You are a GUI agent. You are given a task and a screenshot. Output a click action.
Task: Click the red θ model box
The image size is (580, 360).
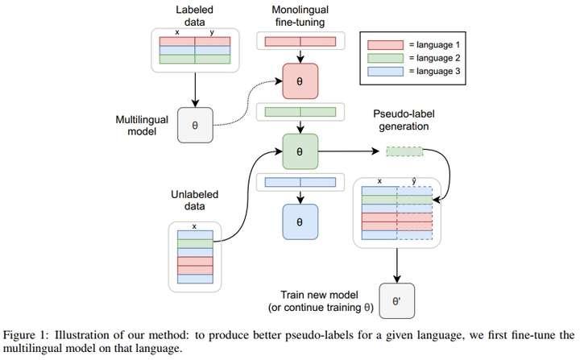(x=300, y=81)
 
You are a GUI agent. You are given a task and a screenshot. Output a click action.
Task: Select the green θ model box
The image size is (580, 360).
(x=300, y=151)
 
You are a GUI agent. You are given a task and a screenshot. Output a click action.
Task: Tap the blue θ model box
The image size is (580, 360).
(x=300, y=219)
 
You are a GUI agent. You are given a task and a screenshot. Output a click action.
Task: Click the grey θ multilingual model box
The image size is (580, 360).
(x=194, y=126)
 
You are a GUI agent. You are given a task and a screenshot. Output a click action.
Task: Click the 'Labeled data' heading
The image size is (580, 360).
(x=194, y=16)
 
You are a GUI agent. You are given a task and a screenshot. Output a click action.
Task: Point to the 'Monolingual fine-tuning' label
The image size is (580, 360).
(x=300, y=16)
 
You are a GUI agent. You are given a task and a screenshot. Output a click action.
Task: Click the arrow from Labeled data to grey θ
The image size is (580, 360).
(x=194, y=89)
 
